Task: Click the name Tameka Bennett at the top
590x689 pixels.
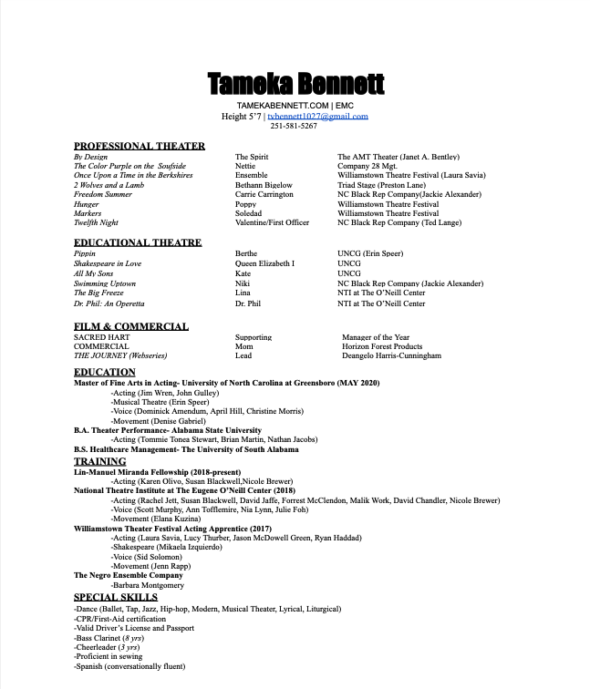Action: coord(296,84)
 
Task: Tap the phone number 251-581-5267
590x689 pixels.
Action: coord(294,126)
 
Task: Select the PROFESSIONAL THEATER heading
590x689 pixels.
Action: coord(140,146)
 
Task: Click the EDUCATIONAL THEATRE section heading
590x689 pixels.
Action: coord(138,242)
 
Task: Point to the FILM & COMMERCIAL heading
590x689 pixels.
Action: coord(131,326)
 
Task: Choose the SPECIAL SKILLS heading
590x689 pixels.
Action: coord(116,597)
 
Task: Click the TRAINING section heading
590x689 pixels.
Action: coord(100,461)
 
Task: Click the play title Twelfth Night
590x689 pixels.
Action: coord(96,222)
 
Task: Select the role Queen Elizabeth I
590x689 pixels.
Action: coord(264,263)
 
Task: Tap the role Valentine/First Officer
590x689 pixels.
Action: coord(272,222)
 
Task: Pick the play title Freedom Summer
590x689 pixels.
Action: coord(103,194)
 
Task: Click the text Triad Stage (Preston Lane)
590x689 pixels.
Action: coord(379,185)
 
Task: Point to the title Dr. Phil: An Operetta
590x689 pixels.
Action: coord(109,303)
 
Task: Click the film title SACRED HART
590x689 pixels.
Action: coord(101,337)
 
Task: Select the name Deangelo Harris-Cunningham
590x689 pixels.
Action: coord(391,355)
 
